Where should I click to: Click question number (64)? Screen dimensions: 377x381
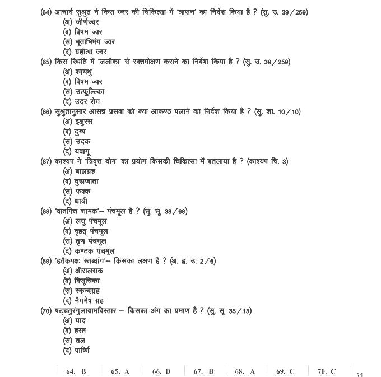(47, 12)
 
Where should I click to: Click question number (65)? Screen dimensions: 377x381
(47, 62)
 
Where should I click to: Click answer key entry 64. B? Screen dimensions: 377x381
(76, 371)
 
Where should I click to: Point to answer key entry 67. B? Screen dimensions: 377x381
(203, 371)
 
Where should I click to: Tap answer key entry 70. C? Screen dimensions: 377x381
(327, 371)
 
